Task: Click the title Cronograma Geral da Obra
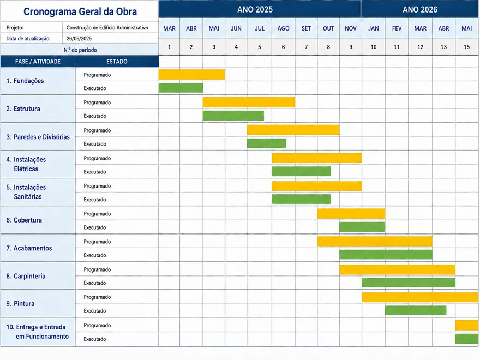click(80, 11)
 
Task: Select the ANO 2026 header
click(419, 9)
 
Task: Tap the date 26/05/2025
click(79, 39)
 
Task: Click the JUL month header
click(260, 28)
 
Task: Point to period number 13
click(443, 47)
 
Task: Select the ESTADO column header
click(117, 62)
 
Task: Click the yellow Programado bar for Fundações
click(191, 75)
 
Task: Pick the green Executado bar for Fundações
click(181, 88)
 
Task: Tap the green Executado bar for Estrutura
click(233, 116)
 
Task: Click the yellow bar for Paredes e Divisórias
click(293, 130)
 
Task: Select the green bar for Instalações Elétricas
click(301, 171)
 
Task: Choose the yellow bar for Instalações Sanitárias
click(317, 186)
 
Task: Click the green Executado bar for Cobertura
click(362, 227)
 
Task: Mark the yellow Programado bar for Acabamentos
click(375, 242)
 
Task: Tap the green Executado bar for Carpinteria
click(409, 283)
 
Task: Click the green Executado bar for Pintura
click(416, 310)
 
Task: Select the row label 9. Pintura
click(20, 304)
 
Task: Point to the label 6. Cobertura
click(24, 220)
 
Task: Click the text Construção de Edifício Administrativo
click(107, 28)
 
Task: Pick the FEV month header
click(397, 28)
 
